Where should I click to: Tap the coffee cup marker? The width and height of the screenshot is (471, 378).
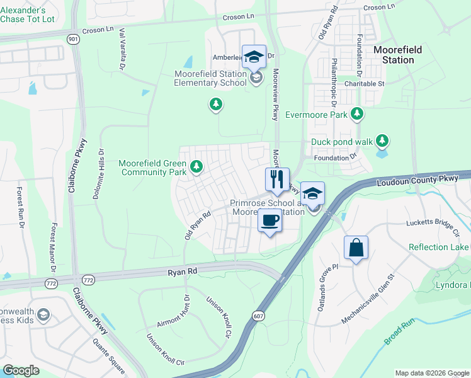tap(270, 221)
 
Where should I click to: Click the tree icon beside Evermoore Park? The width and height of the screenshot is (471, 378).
tap(358, 114)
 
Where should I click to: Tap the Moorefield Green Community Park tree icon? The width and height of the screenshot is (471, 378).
tap(197, 166)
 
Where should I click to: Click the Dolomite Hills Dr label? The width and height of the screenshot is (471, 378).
tap(99, 174)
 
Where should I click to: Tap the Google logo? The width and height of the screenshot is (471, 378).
tap(21, 370)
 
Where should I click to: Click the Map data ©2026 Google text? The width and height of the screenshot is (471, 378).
tap(431, 373)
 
